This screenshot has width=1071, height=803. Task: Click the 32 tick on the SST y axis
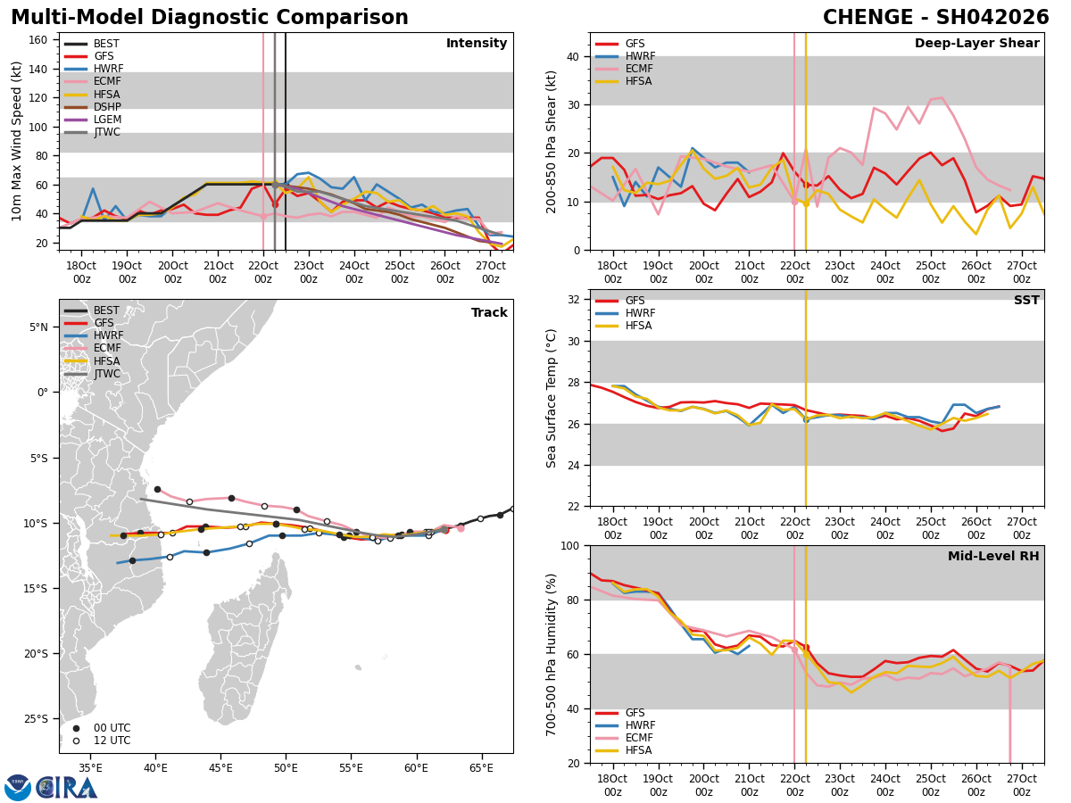pyautogui.click(x=576, y=300)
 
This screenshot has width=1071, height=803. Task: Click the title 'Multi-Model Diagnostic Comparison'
pyautogui.click(x=210, y=18)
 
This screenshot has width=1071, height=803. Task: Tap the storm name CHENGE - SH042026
pyautogui.click(x=935, y=18)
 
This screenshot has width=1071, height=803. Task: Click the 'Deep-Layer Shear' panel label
pyautogui.click(x=976, y=44)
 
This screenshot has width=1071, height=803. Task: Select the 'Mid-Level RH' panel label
pyautogui.click(x=993, y=557)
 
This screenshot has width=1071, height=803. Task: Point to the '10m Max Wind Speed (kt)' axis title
pyautogui.click(x=16, y=141)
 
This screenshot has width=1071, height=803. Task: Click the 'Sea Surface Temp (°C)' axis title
pyautogui.click(x=552, y=398)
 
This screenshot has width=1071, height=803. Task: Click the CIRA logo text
pyautogui.click(x=68, y=788)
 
